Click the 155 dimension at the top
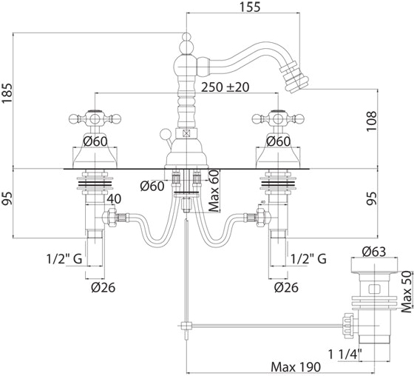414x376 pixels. [x=250, y=7]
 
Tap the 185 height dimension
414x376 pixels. [x=7, y=93]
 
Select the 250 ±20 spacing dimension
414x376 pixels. [x=225, y=87]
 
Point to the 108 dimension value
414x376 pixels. [x=371, y=121]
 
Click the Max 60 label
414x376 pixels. [x=214, y=191]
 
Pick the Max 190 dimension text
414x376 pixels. [x=296, y=366]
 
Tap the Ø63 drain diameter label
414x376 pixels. [x=374, y=252]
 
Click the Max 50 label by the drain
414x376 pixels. [x=407, y=292]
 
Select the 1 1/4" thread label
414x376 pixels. [x=345, y=354]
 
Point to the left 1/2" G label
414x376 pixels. [x=64, y=259]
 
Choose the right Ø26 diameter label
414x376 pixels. [x=286, y=287]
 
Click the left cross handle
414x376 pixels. [x=95, y=118]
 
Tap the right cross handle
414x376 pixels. [x=278, y=118]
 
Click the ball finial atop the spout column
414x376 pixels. [x=186, y=36]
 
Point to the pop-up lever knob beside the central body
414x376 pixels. [x=165, y=133]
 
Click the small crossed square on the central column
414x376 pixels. [x=186, y=133]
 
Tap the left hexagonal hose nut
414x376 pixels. [x=110, y=218]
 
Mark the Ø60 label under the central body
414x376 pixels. [x=152, y=186]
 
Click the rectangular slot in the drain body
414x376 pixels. [x=374, y=289]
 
